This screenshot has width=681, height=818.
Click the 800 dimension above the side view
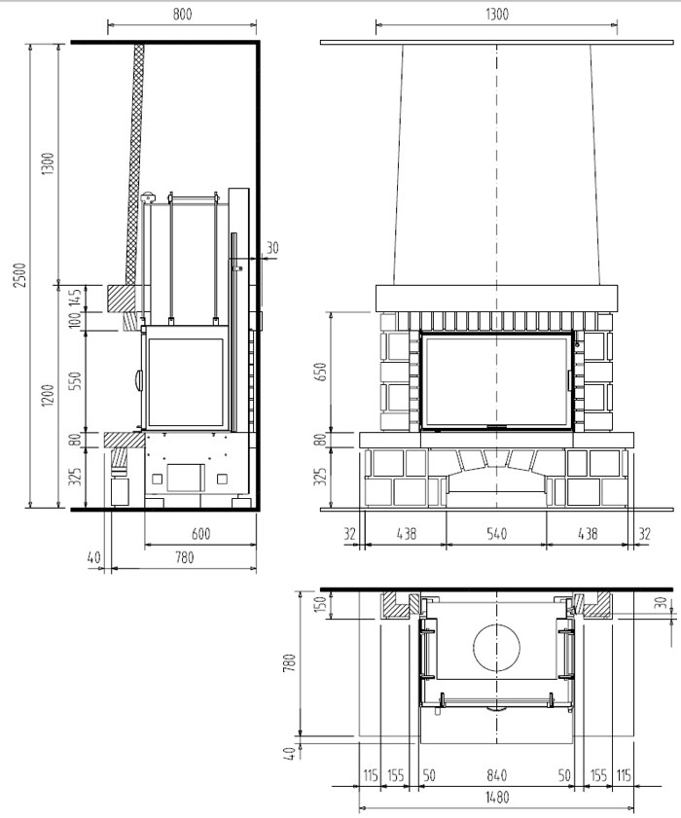182,14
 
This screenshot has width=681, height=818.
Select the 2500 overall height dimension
19,275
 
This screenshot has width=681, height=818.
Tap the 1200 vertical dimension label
48,396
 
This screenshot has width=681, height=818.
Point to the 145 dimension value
76,298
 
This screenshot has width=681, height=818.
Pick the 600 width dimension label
200,534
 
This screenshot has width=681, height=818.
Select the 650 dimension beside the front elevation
320,372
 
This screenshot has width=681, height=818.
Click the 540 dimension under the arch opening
496,534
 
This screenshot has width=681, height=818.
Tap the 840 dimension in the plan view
496,775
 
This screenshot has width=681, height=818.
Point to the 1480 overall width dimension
496,798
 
